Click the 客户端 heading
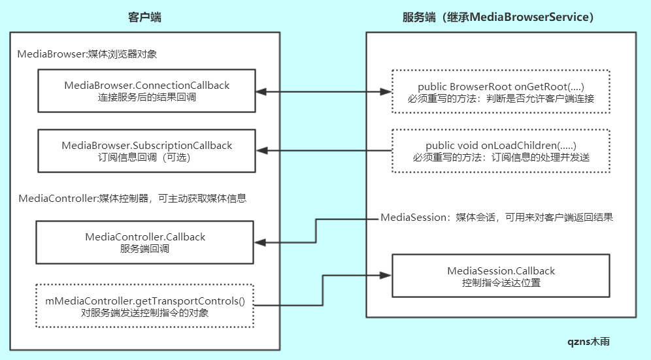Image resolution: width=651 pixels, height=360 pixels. pos(144,17)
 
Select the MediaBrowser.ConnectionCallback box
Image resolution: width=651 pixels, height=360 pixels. pos(146,91)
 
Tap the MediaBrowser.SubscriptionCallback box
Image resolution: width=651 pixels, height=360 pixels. pos(146,151)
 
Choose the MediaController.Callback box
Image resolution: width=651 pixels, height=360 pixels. pos(144,242)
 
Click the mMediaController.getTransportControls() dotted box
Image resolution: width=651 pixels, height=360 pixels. pos(144,306)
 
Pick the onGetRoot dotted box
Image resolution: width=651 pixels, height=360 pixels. pos(500,92)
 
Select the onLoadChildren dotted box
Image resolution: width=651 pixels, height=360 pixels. pos(500,151)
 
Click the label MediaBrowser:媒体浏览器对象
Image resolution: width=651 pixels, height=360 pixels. pos(87,54)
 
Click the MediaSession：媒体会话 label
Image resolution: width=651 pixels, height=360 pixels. pos(497,217)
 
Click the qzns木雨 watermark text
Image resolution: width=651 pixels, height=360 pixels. pos(589,341)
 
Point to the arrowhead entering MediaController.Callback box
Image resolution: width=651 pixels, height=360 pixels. pos(260,242)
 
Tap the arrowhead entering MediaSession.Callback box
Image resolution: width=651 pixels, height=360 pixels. pos(385,274)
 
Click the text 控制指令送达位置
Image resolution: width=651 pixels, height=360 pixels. pos(501,283)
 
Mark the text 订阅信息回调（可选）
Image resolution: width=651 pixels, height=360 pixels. pos(146,157)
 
